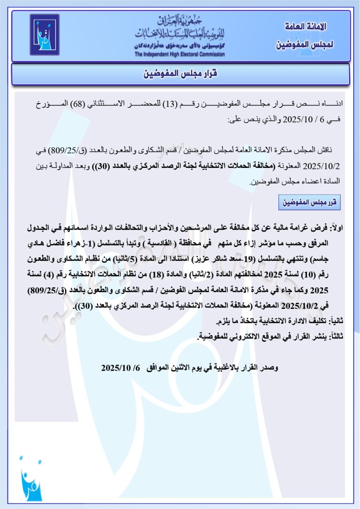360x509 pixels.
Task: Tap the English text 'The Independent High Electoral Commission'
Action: click(180, 54)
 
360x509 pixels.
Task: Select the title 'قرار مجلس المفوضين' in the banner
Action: click(180, 74)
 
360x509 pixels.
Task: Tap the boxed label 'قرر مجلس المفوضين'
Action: click(309, 203)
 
